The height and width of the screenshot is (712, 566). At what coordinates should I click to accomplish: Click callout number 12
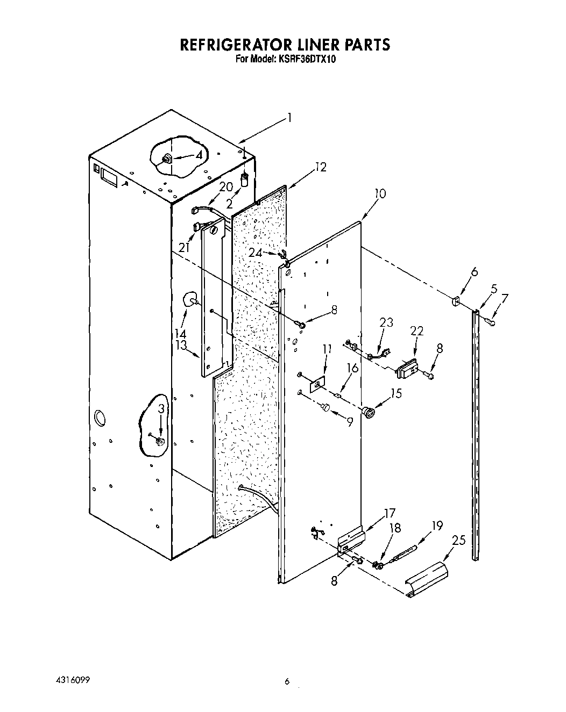[321, 167]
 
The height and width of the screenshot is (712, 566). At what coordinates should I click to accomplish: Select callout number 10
[380, 193]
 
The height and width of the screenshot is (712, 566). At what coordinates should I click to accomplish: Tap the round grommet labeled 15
[369, 413]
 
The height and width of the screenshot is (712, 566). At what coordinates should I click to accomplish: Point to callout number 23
[386, 323]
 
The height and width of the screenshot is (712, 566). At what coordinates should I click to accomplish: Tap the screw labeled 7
[490, 321]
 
